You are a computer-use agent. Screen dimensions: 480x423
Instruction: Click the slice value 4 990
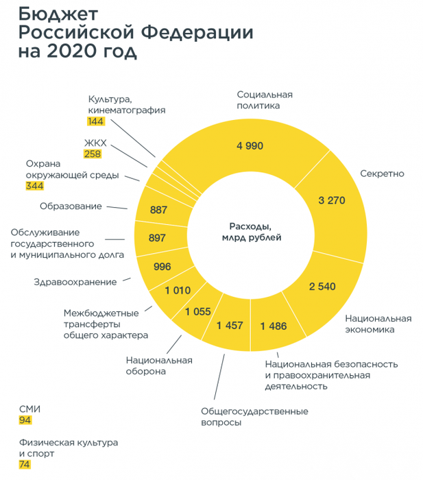tap(250, 145)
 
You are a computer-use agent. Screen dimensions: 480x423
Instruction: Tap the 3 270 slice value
tap(331, 200)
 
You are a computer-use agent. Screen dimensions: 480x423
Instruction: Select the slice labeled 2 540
tap(322, 286)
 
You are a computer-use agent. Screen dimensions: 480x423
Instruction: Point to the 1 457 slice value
tap(229, 325)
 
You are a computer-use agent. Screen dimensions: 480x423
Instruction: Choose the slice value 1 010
tap(177, 290)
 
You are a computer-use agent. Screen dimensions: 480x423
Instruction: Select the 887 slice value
tap(159, 210)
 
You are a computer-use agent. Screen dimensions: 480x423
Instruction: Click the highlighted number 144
tap(95, 121)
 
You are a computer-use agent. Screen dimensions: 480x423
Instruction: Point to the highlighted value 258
tap(93, 154)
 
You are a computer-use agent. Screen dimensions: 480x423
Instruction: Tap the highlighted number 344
tap(34, 186)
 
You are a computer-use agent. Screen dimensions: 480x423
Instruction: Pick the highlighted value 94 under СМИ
tap(25, 420)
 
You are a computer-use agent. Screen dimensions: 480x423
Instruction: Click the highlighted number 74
tap(25, 464)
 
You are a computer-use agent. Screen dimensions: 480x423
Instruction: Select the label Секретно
tap(382, 173)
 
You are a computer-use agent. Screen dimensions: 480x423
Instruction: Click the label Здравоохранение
tap(75, 281)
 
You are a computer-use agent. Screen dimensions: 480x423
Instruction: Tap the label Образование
tap(71, 206)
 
